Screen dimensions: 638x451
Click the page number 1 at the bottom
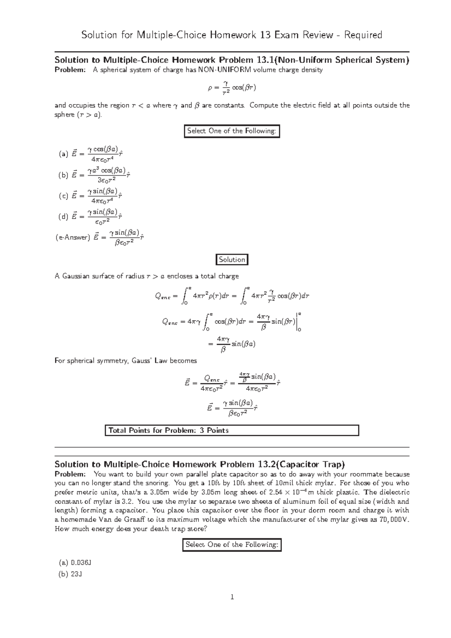coord(232,597)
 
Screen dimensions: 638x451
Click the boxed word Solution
coord(232,260)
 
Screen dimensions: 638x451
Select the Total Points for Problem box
coord(232,430)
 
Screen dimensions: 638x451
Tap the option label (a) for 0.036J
coord(63,562)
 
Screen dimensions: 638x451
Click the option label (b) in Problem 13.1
coord(63,175)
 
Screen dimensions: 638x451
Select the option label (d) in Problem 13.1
coord(63,216)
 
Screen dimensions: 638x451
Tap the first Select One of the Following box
coord(232,131)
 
